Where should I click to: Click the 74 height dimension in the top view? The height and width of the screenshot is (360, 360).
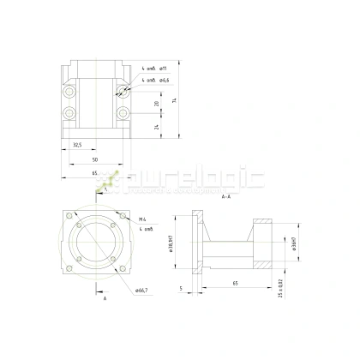[174, 100]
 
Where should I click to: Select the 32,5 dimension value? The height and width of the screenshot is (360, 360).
[77, 145]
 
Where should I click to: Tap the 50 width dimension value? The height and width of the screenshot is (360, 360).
[94, 159]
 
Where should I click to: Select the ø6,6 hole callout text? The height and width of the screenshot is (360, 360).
[164, 80]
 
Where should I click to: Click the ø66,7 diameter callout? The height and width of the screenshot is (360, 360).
[141, 290]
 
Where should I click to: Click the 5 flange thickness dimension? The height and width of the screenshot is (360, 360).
[182, 288]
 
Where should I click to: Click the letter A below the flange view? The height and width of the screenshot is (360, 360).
[105, 300]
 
